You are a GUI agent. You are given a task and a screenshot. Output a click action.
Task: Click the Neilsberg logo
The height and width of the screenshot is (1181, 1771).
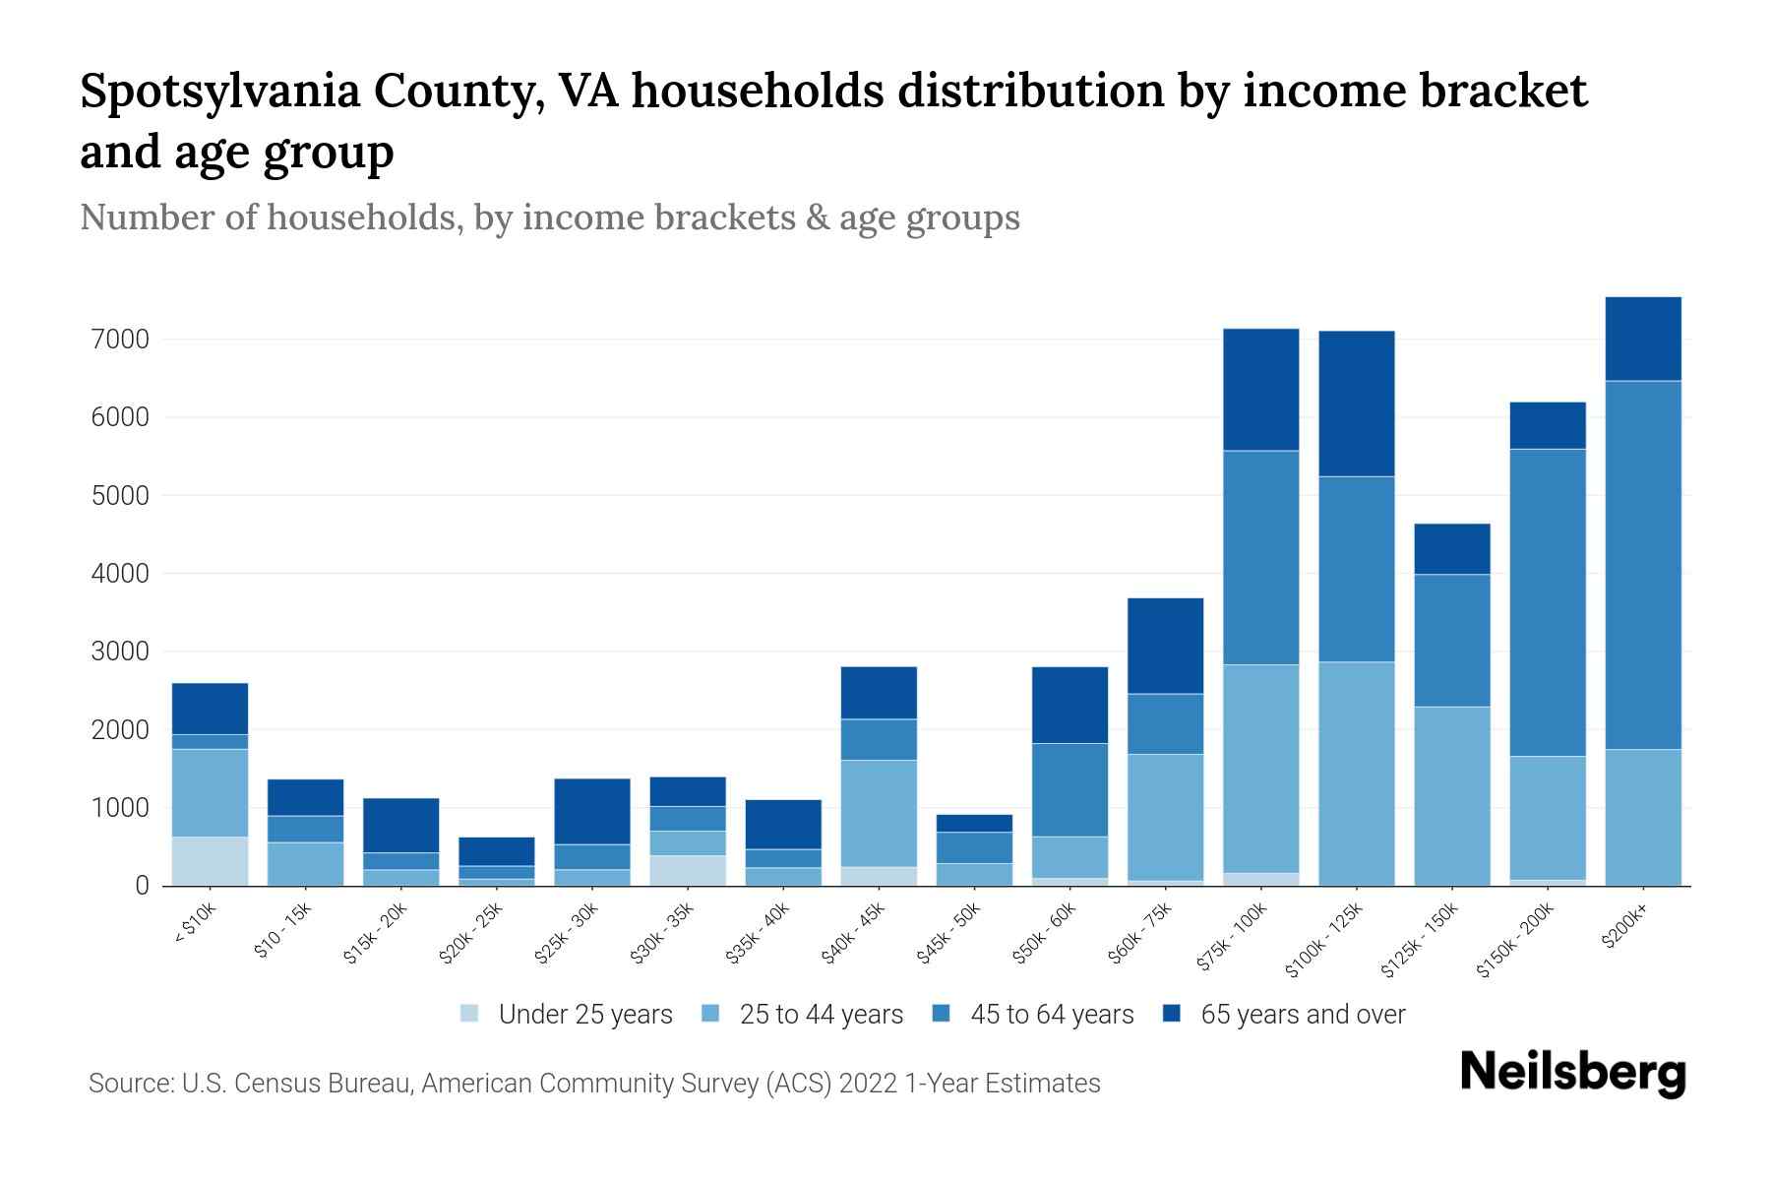[1572, 1073]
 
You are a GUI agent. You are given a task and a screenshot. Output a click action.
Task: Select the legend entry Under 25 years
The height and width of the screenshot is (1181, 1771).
[584, 1015]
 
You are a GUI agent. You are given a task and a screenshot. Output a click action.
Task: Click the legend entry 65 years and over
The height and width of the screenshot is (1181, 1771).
[1302, 1015]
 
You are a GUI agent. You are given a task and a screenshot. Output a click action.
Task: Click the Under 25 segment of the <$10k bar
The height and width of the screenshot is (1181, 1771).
[210, 861]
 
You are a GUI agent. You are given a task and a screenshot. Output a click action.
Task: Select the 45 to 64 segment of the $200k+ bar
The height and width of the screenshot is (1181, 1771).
[1642, 565]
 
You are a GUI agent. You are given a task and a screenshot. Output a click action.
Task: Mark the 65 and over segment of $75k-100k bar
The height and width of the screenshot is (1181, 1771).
[1260, 390]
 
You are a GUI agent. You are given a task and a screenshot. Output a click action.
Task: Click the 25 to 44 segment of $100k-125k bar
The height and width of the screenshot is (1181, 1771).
[1356, 774]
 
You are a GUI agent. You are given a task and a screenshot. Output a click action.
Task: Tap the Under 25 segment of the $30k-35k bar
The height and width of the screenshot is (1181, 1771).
[687, 870]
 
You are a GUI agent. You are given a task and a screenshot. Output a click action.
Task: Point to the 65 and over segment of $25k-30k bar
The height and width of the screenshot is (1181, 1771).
[591, 811]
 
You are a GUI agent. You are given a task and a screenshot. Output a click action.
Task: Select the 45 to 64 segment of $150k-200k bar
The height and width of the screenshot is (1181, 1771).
[1547, 602]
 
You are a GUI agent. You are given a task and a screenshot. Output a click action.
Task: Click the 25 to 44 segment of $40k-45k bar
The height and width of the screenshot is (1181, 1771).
[878, 813]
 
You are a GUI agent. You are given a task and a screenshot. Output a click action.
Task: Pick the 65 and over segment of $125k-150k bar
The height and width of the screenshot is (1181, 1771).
[1451, 548]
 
